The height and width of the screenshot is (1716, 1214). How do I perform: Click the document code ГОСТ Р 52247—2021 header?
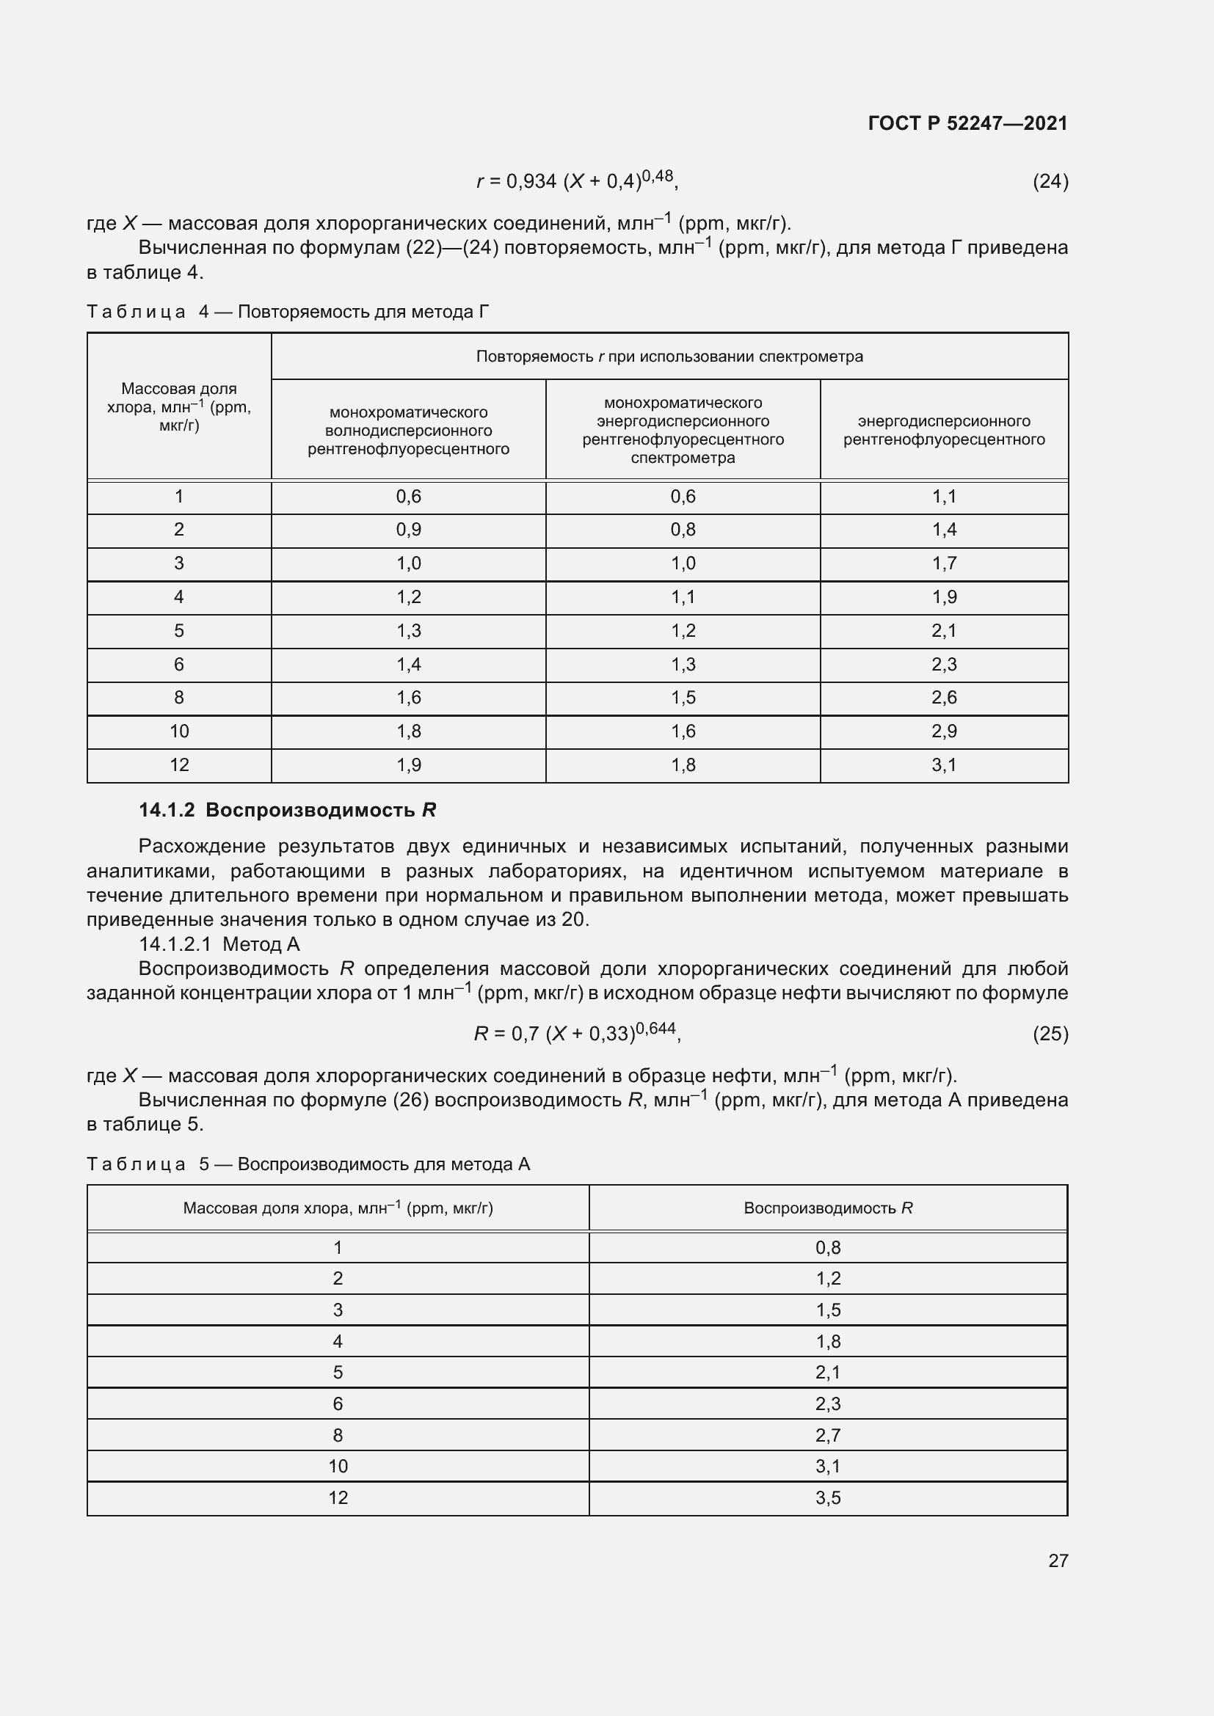(967, 123)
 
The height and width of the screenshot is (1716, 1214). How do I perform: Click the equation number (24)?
(1050, 181)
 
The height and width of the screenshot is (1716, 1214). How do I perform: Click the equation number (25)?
(1050, 1034)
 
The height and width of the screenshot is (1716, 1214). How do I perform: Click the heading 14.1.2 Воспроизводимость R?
(287, 810)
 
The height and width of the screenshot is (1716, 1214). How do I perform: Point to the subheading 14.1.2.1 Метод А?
(219, 944)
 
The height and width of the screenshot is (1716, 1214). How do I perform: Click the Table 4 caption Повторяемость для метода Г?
(288, 312)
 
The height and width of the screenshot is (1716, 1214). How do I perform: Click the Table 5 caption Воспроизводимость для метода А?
(308, 1164)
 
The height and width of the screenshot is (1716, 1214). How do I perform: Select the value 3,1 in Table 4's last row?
(943, 764)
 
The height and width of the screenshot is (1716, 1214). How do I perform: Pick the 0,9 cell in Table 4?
(408, 530)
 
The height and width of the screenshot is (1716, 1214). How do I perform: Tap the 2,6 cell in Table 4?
(943, 697)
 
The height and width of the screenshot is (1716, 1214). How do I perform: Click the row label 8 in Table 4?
(178, 697)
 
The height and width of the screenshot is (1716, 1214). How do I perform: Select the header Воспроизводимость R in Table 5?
(827, 1208)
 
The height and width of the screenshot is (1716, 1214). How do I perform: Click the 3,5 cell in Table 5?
(827, 1497)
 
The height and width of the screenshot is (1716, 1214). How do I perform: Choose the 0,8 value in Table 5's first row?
(827, 1247)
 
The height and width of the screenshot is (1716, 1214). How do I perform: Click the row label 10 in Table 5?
(338, 1466)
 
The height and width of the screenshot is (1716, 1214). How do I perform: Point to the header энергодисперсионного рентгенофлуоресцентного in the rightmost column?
(943, 431)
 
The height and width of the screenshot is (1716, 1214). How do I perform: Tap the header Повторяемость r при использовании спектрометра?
(669, 357)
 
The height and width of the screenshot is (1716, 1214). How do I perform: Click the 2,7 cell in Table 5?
(827, 1435)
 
